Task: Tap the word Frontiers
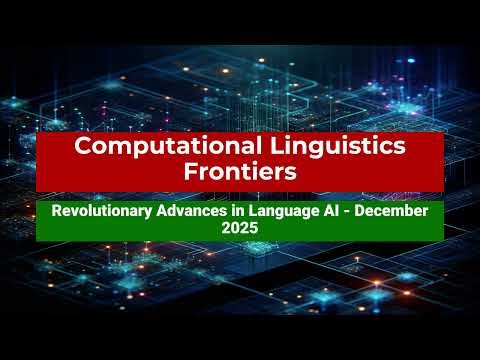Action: (240, 171)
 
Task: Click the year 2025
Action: (240, 228)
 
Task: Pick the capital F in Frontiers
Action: (190, 171)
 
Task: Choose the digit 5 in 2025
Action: (254, 228)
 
